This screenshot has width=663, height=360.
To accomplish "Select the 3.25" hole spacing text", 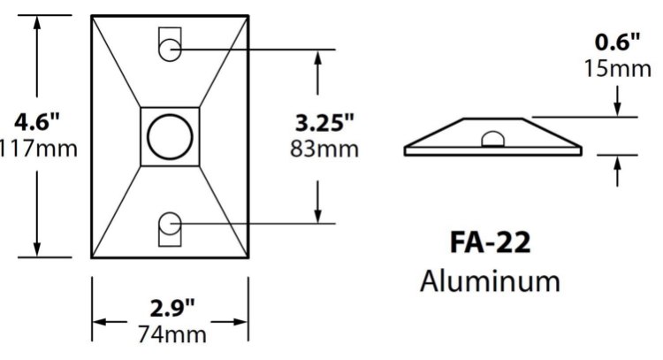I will pyautogui.click(x=324, y=120).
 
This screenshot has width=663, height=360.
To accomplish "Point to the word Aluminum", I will pyautogui.click(x=491, y=281).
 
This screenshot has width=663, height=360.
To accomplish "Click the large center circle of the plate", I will pyautogui.click(x=169, y=137).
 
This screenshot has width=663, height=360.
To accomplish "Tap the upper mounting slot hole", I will pyautogui.click(x=170, y=50).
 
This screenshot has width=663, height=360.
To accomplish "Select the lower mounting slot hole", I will pyautogui.click(x=170, y=225).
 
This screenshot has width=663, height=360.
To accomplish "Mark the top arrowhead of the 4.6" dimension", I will pyautogui.click(x=37, y=24).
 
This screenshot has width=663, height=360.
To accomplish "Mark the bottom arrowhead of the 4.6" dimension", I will pyautogui.click(x=37, y=249).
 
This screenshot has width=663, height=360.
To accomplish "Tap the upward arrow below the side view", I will pyautogui.click(x=616, y=163).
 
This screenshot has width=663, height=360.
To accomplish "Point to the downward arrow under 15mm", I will pyautogui.click(x=616, y=107).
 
